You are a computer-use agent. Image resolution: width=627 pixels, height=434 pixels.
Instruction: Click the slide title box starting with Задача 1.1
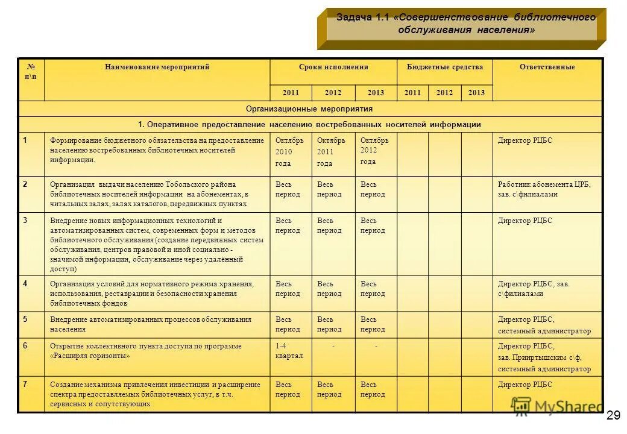click(465, 25)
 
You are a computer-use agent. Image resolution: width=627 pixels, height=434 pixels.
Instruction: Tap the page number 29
click(613, 415)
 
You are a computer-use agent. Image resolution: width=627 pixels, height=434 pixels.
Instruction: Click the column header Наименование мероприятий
click(157, 67)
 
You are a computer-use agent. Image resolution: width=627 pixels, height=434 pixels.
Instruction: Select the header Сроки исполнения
click(333, 67)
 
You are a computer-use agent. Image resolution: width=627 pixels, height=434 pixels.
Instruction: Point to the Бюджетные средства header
click(445, 67)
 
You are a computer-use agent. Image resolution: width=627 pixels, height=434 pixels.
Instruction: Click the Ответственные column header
click(547, 67)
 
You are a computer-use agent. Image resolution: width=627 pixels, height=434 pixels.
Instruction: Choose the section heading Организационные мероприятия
click(309, 109)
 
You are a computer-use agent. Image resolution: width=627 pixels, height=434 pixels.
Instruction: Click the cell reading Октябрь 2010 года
click(290, 151)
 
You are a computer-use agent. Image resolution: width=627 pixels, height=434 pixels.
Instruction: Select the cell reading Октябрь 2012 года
click(374, 151)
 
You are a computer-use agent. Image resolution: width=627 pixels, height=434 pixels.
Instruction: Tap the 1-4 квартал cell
click(289, 351)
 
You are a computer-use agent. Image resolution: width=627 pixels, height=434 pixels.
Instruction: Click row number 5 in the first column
click(25, 319)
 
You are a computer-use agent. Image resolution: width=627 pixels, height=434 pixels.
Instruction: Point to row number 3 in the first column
click(25, 220)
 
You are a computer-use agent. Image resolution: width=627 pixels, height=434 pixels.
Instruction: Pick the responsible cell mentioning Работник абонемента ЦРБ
click(544, 189)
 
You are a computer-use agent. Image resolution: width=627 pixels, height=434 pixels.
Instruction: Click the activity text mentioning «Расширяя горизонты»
click(146, 351)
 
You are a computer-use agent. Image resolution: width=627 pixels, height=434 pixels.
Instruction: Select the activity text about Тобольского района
click(150, 194)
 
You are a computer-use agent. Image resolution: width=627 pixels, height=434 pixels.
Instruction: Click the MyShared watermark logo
click(556, 406)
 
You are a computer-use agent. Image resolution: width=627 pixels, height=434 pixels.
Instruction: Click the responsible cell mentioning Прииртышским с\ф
click(544, 357)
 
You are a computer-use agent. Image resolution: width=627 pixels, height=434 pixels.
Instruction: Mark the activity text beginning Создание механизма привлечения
click(156, 394)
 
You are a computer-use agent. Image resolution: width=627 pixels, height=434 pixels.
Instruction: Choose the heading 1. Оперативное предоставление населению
click(309, 125)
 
